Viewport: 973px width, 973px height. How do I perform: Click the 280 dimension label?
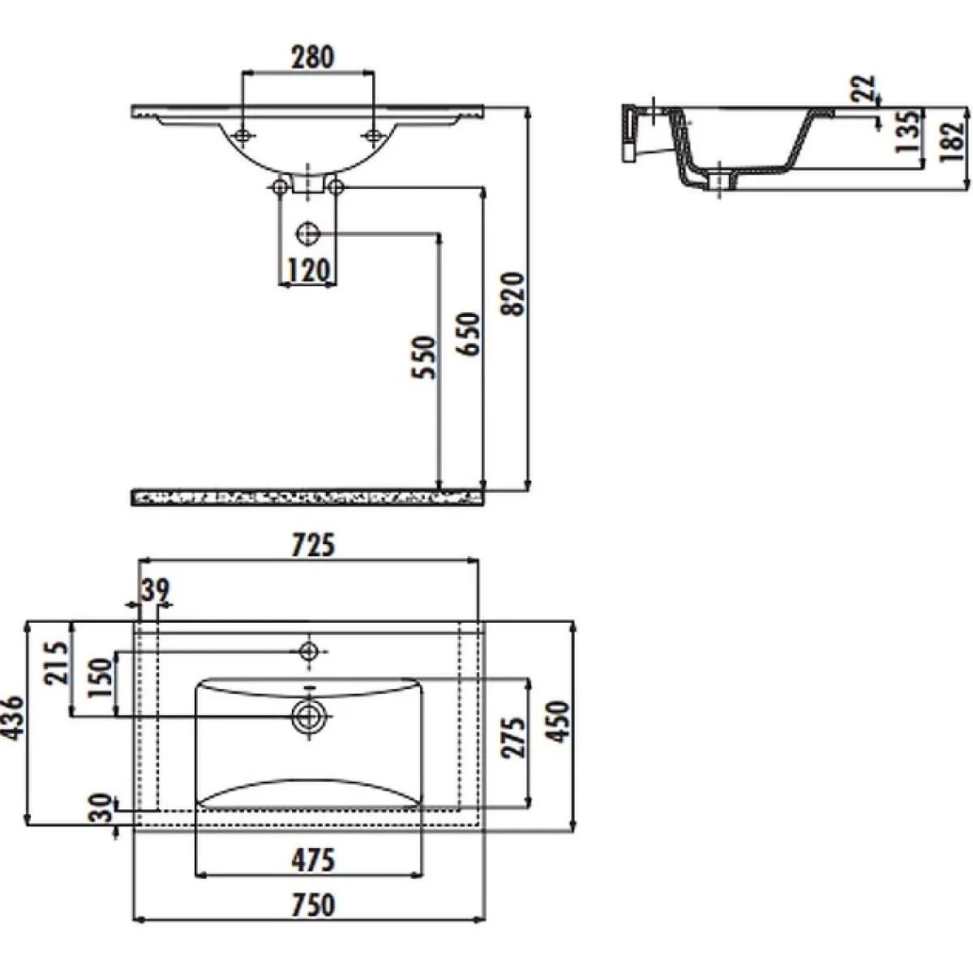pos(312,57)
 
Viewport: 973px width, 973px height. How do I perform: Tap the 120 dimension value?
pos(308,271)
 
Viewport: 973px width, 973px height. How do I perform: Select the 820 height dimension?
pos(515,294)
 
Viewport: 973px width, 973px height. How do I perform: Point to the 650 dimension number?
pos(469,334)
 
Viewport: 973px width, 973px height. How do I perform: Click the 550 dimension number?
pos(423,357)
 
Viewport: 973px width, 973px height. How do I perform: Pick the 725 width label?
pos(313,546)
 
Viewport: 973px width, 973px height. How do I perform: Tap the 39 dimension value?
pos(156,589)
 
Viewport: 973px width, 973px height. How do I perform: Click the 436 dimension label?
pos(12,718)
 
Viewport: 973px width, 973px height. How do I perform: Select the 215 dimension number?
pos(56,663)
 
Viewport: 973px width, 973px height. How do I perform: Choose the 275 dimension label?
pos(513,738)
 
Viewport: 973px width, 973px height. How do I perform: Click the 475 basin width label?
pos(313,860)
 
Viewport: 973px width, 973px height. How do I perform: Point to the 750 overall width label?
pos(313,905)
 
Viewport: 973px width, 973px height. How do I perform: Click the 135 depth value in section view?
pos(907,132)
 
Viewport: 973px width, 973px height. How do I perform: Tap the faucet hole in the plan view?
pos(308,651)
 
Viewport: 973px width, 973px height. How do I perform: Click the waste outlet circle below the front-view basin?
pos(307,234)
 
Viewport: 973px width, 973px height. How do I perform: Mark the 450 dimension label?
pos(559,722)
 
